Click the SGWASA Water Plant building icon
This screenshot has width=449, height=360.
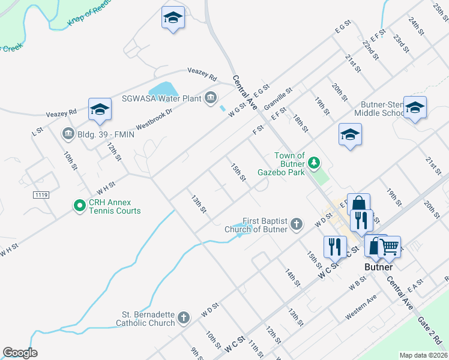(x=210, y=97)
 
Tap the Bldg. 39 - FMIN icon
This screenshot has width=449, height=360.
(x=67, y=133)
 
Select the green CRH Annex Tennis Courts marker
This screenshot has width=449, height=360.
(x=79, y=206)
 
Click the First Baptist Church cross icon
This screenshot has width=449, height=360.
(x=295, y=224)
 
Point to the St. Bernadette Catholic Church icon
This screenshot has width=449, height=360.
(x=184, y=317)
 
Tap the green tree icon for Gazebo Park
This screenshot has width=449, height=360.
(x=313, y=162)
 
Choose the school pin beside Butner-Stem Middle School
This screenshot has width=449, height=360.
(x=415, y=107)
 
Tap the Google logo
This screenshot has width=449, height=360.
(x=20, y=353)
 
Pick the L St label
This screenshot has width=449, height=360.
(x=38, y=130)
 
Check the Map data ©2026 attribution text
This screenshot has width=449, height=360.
(x=423, y=355)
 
